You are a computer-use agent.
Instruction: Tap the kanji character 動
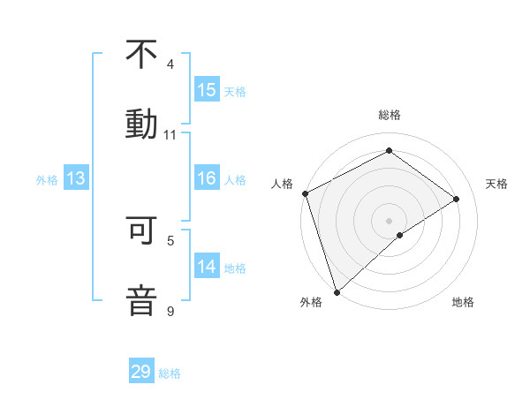click(x=141, y=123)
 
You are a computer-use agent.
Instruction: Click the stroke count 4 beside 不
click(x=170, y=64)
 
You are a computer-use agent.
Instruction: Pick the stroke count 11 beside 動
click(x=170, y=135)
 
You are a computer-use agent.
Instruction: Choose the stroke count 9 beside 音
click(x=170, y=311)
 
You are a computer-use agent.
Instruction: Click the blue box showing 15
click(x=207, y=90)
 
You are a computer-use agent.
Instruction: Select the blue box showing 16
click(x=207, y=179)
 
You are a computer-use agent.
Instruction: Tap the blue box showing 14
click(x=207, y=267)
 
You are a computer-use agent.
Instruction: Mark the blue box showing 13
click(x=76, y=179)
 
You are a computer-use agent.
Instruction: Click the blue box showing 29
click(x=141, y=372)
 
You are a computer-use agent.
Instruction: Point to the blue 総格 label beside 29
click(x=170, y=373)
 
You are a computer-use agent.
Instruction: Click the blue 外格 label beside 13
click(x=47, y=180)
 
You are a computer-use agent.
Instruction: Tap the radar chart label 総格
click(x=390, y=115)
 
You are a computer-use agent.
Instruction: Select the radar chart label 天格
click(x=496, y=184)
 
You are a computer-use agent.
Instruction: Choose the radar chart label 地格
click(x=463, y=302)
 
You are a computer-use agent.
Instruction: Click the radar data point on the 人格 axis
click(x=305, y=193)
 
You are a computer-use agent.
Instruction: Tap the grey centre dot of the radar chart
click(x=390, y=220)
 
